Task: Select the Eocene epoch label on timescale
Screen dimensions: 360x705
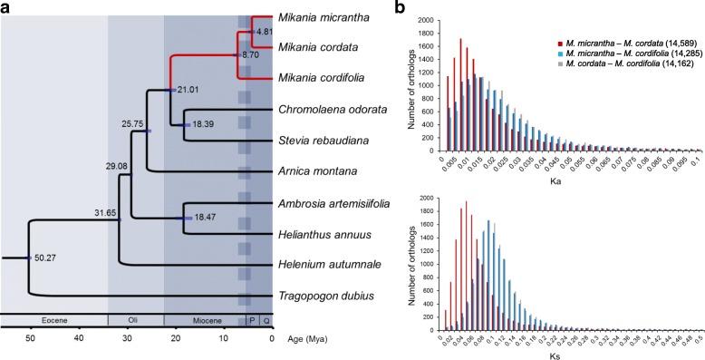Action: tap(53, 320)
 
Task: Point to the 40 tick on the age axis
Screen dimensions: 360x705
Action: tap(78, 338)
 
